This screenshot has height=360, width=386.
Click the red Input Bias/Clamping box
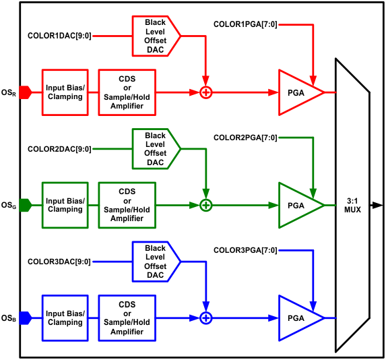65,92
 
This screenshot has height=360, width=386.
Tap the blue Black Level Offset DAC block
155,262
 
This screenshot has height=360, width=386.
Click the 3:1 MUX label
352,205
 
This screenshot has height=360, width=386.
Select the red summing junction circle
206,92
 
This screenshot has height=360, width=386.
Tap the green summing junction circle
206,205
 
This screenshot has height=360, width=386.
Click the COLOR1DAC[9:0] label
59,35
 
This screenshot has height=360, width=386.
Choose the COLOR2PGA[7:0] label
245,138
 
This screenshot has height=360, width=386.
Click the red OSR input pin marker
26,92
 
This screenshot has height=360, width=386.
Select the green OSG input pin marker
26,205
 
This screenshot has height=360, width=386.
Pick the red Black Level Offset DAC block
155,35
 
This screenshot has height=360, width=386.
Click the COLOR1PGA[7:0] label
245,24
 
